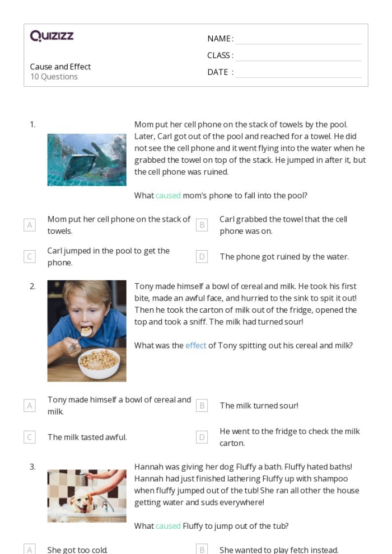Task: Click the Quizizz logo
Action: pyautogui.click(x=52, y=37)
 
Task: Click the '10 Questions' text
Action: pyautogui.click(x=54, y=77)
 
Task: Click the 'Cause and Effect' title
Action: pyautogui.click(x=60, y=67)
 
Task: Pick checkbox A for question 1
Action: pyautogui.click(x=30, y=225)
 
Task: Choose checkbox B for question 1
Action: pyautogui.click(x=202, y=225)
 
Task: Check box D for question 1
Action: pyautogui.click(x=202, y=257)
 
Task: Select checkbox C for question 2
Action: pyautogui.click(x=30, y=437)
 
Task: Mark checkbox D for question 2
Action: pyautogui.click(x=202, y=437)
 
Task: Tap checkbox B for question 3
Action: pyautogui.click(x=202, y=550)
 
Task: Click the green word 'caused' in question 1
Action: pyautogui.click(x=168, y=195)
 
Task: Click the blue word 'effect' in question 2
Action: pyautogui.click(x=196, y=345)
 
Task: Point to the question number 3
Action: pyautogui.click(x=32, y=466)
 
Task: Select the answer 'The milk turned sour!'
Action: pyautogui.click(x=259, y=406)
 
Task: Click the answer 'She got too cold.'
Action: pyautogui.click(x=77, y=550)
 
